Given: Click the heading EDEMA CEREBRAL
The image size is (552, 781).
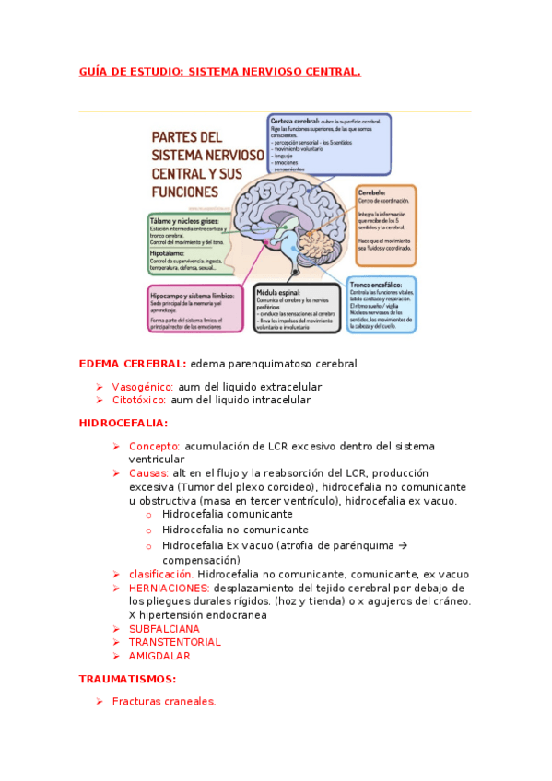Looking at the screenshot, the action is click(x=133, y=364).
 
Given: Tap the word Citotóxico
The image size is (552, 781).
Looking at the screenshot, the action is click(x=138, y=401).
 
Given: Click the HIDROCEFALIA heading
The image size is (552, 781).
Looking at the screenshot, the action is click(x=123, y=424).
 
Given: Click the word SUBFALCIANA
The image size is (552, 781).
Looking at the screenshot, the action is click(x=164, y=629).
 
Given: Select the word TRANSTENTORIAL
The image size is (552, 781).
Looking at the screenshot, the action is click(x=174, y=642).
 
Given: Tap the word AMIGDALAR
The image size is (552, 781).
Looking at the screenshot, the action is click(x=159, y=656).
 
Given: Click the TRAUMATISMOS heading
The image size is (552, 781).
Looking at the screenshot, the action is click(x=127, y=680).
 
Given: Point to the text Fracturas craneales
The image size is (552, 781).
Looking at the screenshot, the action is click(x=164, y=702).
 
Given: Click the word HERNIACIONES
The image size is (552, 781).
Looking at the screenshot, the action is click(x=169, y=589).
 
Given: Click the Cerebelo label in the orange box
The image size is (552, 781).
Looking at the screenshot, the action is click(x=373, y=193).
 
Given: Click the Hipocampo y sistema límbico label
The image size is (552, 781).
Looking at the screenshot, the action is click(x=191, y=293).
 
